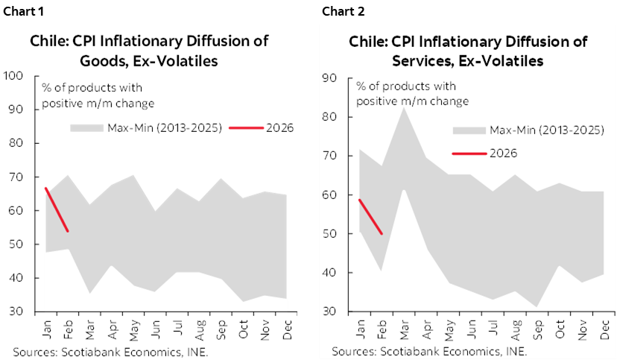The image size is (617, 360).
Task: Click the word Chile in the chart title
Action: click(367, 42)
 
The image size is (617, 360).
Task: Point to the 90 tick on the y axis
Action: click(329, 78)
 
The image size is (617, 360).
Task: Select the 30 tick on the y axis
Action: click(329, 312)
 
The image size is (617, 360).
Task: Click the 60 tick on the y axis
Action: click(329, 195)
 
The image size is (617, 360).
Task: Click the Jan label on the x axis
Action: click(360, 329)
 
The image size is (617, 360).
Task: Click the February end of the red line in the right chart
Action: click(382, 233)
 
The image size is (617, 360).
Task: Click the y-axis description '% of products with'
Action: click(405, 86)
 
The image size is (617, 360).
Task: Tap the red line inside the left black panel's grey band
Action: click(57, 209)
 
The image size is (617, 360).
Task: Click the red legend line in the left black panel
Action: click(246, 128)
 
